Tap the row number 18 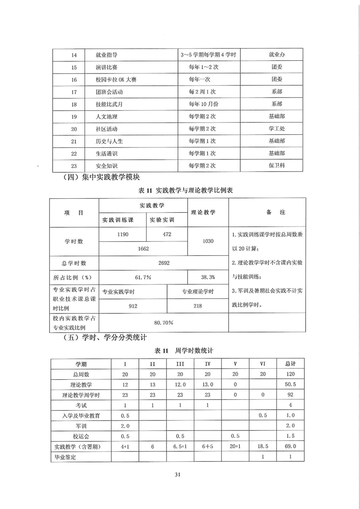[74, 104]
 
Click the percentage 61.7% [143, 277]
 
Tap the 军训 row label [81, 426]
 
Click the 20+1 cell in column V [235, 447]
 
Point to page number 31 [178, 475]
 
